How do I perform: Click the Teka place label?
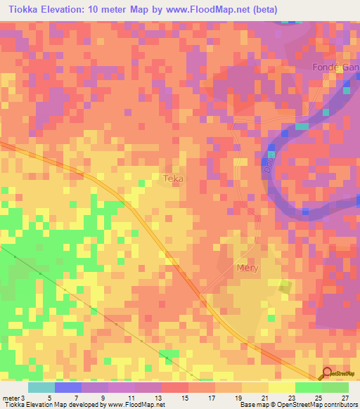174,178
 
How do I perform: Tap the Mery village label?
248,268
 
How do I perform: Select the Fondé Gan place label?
335,67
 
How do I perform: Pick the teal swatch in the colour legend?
41,387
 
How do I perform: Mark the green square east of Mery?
285,286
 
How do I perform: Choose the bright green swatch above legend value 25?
309,387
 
